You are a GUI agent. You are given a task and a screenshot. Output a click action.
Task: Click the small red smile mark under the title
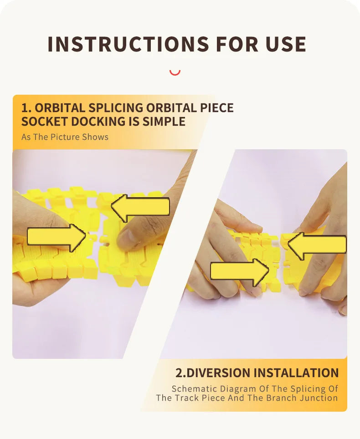point(175,73)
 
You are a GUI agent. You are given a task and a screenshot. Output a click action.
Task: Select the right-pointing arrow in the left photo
point(57,237)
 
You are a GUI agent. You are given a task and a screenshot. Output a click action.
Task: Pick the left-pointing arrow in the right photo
point(317,245)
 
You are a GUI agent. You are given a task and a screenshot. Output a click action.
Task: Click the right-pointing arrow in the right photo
point(240,272)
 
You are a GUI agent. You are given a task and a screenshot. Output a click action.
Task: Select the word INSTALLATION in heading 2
point(296,373)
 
